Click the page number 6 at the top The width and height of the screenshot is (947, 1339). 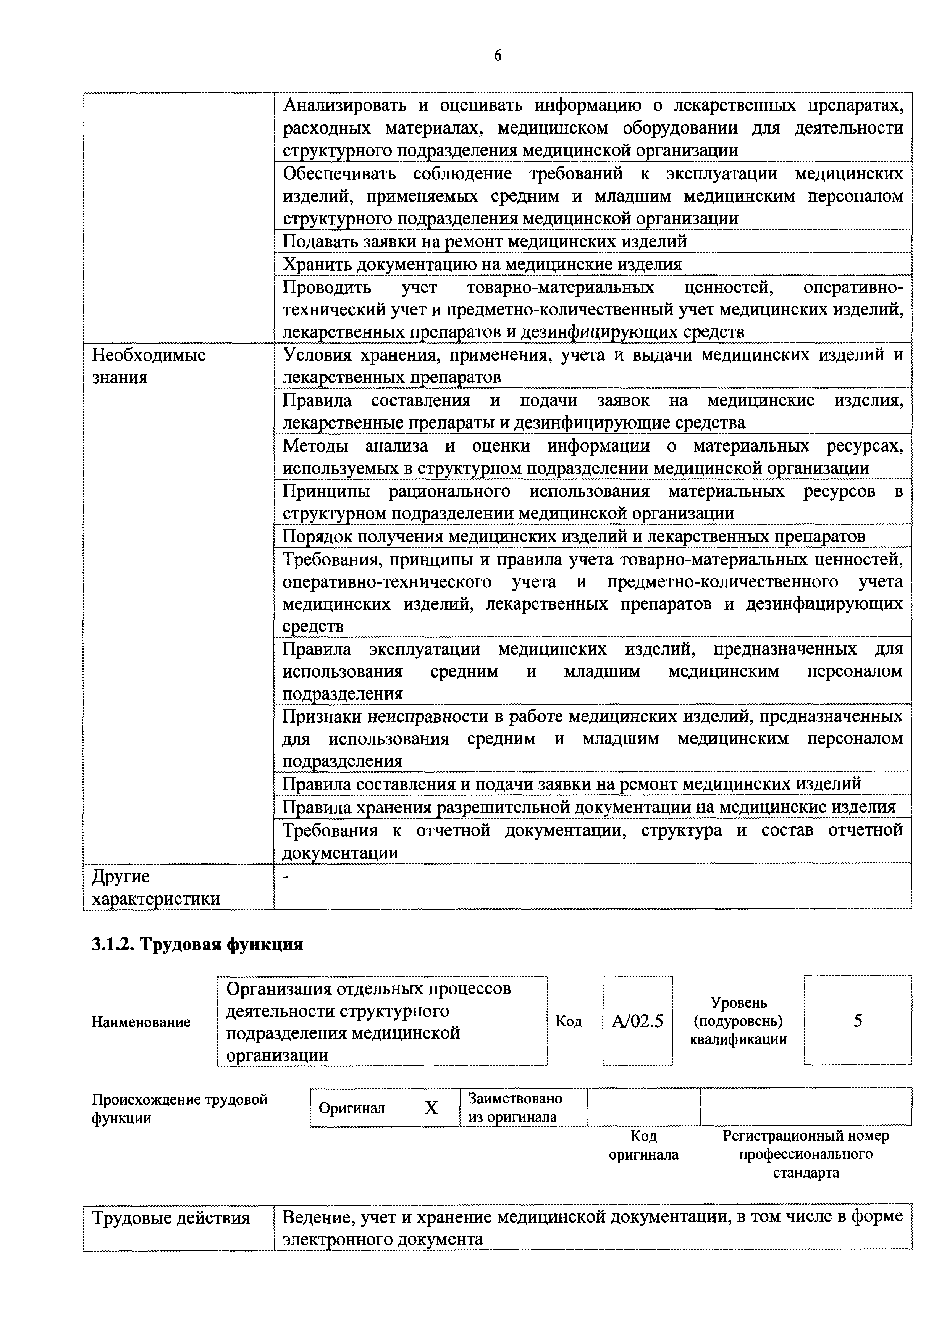(x=497, y=56)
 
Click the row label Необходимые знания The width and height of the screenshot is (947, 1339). (x=149, y=366)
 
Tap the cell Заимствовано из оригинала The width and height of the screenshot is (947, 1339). (x=515, y=1107)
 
